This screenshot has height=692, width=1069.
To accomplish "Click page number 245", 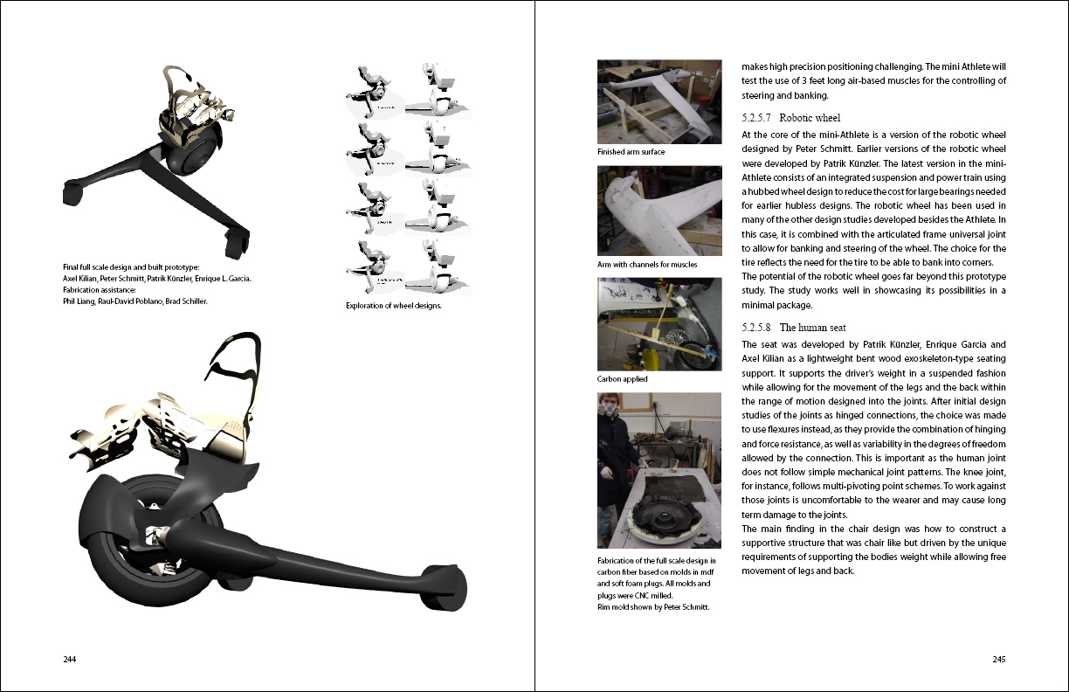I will [x=999, y=659].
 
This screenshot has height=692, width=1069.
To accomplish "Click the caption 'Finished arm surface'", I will [x=631, y=152].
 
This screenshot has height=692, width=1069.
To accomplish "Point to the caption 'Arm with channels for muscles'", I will [x=647, y=265].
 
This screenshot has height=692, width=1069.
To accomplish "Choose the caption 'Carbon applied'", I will [x=623, y=380].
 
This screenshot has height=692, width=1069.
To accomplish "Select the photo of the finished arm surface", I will [x=659, y=101].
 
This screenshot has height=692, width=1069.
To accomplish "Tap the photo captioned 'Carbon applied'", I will [x=659, y=324].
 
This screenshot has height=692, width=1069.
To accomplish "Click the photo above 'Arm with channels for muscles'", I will [x=659, y=211].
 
